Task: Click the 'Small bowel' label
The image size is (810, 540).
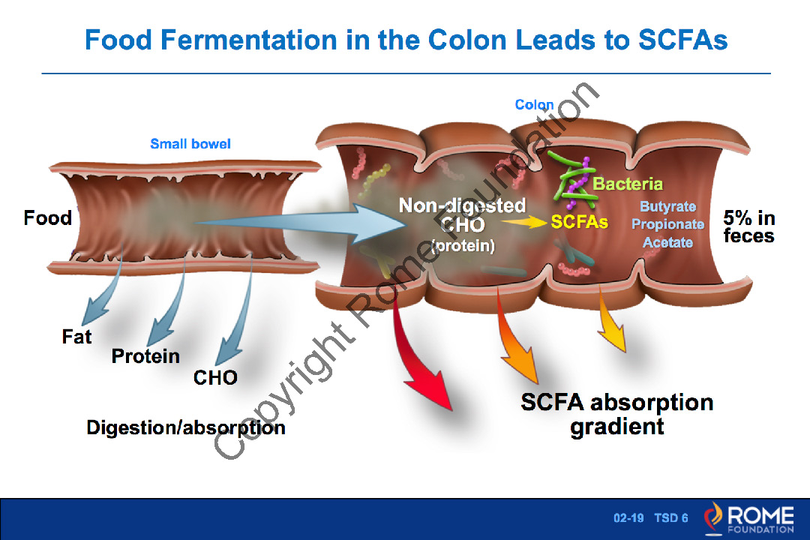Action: pyautogui.click(x=190, y=144)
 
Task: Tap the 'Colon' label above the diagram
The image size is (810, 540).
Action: pyautogui.click(x=534, y=105)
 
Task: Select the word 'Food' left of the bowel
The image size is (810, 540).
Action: pyautogui.click(x=48, y=218)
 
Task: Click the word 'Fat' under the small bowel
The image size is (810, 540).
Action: pyautogui.click(x=76, y=337)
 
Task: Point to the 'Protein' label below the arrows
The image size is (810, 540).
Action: pyautogui.click(x=145, y=356)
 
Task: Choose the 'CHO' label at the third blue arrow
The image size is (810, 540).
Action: pyautogui.click(x=215, y=377)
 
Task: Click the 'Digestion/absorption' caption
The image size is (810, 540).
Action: pyautogui.click(x=186, y=427)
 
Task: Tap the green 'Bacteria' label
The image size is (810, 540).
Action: pyautogui.click(x=628, y=184)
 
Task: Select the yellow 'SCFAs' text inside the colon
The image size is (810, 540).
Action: pyautogui.click(x=579, y=223)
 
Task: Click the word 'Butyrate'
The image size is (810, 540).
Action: pyautogui.click(x=667, y=206)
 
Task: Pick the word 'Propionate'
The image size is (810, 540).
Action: pyautogui.click(x=667, y=224)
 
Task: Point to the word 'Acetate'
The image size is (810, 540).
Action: pyautogui.click(x=667, y=242)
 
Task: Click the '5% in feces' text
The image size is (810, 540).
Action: pyautogui.click(x=748, y=226)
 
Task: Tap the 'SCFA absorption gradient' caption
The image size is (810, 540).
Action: pyautogui.click(x=616, y=414)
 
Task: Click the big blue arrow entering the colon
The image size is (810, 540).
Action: pyautogui.click(x=300, y=223)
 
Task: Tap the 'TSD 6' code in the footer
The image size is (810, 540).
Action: pyautogui.click(x=670, y=518)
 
